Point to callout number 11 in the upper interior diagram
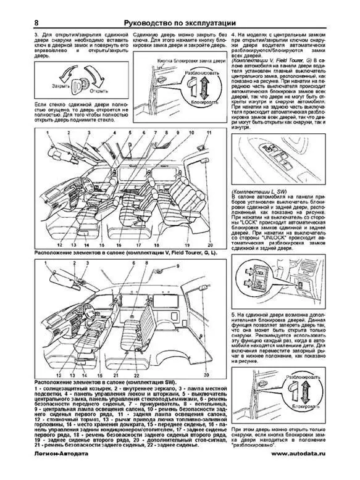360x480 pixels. point(209,133)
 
